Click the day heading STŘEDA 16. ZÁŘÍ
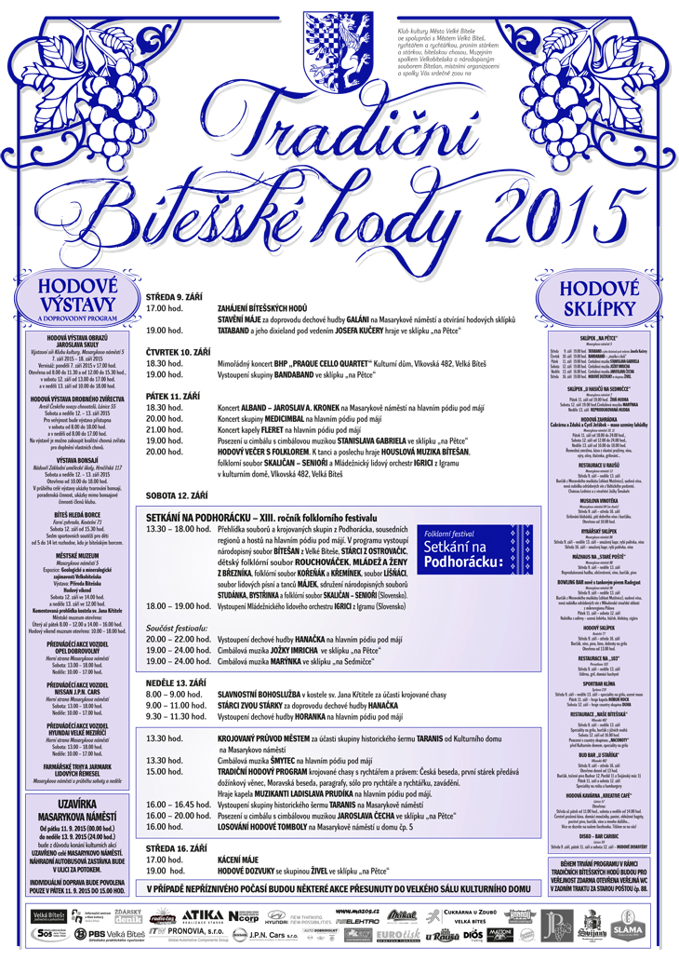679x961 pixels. click(x=175, y=848)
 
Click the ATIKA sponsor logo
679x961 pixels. click(x=203, y=916)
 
